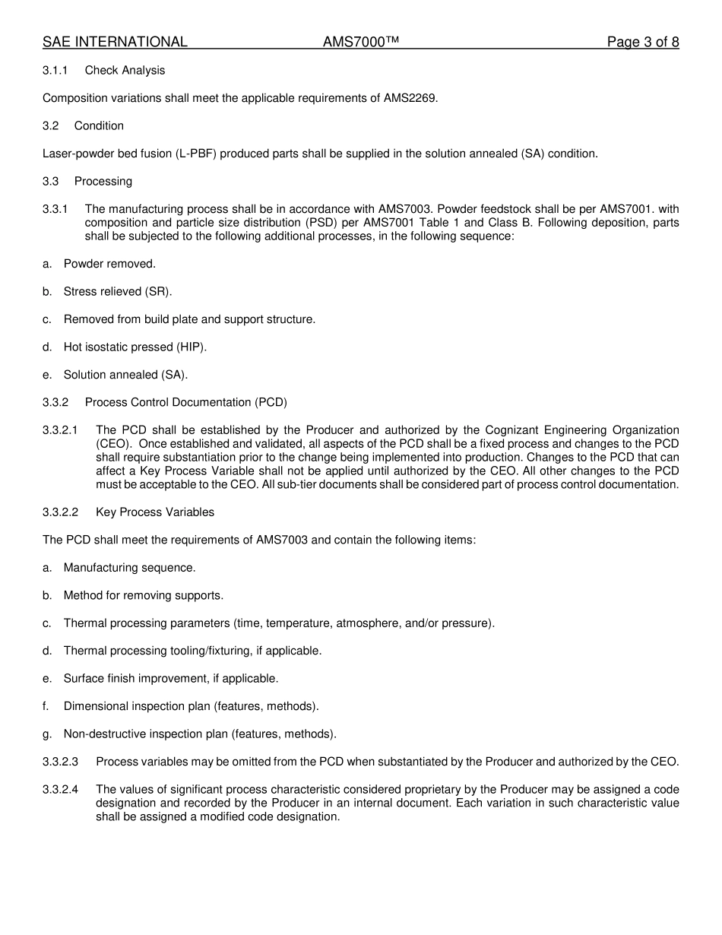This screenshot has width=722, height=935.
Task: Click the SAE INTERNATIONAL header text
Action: coord(115,43)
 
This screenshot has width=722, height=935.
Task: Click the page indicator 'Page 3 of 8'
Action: coord(642,43)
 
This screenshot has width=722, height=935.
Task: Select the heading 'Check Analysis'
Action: coord(125,71)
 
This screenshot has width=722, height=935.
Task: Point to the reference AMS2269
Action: coord(410,98)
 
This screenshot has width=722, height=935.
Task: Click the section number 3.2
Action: coord(51,126)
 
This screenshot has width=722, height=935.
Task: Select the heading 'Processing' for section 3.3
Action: coord(103,182)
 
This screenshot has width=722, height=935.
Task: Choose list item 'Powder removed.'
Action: coord(109,265)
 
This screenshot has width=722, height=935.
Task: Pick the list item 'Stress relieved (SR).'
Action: coord(118,292)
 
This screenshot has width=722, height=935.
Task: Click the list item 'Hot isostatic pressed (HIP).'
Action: coord(135,347)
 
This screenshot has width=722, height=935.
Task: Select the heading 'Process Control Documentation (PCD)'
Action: coord(185,402)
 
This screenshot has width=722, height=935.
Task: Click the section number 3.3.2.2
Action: coord(61,512)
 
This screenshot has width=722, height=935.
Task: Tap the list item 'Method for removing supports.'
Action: coord(144,596)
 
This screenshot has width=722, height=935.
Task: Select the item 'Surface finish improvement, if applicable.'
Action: coord(171,679)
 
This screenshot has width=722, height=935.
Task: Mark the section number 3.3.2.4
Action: coord(61,790)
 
